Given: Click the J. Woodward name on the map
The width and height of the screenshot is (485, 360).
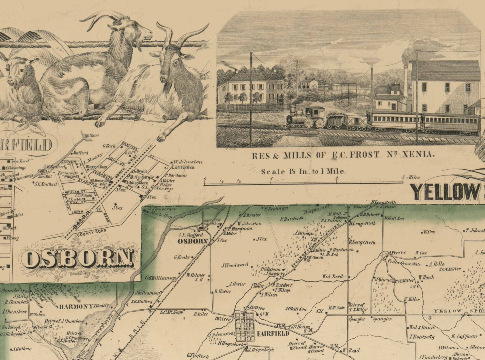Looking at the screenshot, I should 235,265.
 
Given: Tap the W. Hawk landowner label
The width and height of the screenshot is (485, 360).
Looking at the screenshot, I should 426,277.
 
